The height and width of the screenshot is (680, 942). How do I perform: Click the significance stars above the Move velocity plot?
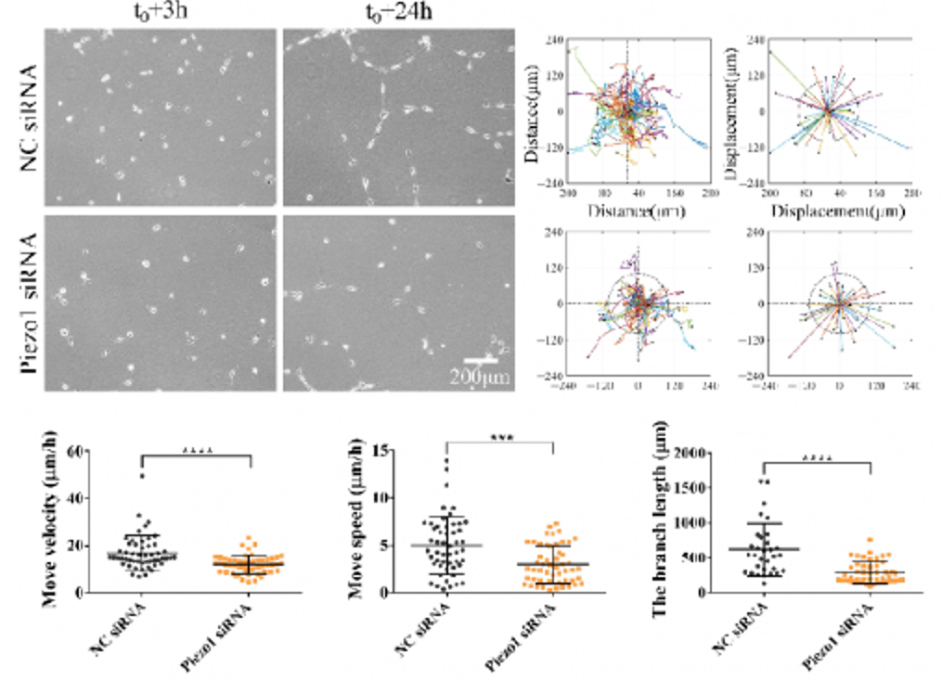pyautogui.click(x=197, y=449)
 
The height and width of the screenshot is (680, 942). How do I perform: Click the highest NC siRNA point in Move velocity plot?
pyautogui.click(x=142, y=476)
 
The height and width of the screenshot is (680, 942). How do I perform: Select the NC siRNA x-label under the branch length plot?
pyautogui.click(x=739, y=626)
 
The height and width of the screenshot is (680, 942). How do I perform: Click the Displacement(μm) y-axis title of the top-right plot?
pyautogui.click(x=734, y=110)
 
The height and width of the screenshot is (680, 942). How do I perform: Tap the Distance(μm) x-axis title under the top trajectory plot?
pyautogui.click(x=626, y=212)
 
